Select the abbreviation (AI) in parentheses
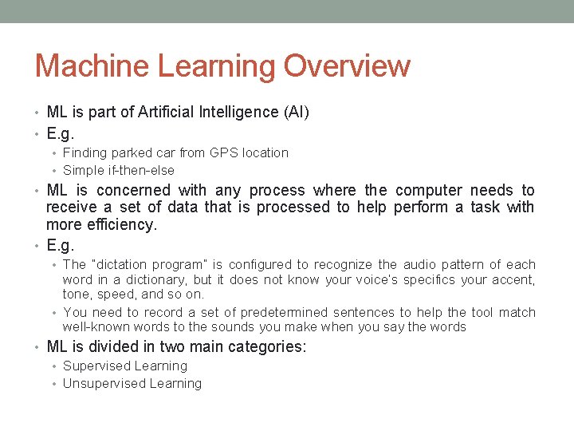pos(297,113)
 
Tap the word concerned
pos(134,190)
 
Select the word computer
pos(428,190)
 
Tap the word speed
pos(117,294)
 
